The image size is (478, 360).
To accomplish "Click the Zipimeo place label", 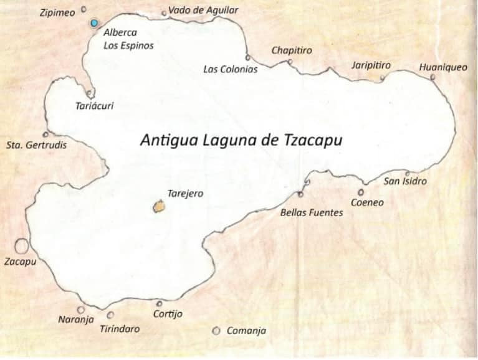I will (x=57, y=12).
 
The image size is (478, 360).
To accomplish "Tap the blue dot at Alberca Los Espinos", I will (x=94, y=23).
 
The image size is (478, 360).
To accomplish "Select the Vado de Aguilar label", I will (x=203, y=10).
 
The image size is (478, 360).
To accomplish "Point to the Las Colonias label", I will (x=230, y=69).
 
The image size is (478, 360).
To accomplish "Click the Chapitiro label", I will (x=292, y=50).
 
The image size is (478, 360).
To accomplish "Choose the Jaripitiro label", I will (x=371, y=65).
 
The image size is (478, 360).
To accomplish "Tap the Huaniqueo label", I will (x=442, y=67).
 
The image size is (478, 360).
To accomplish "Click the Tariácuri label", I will (x=94, y=106).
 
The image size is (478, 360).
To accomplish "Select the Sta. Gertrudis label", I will (x=36, y=145).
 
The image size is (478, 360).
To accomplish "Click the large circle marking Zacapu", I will (x=21, y=246).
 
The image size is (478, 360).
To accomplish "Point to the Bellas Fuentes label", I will (x=312, y=212).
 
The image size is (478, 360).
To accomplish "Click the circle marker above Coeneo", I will (x=360, y=192).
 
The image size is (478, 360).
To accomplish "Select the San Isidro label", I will (x=405, y=182).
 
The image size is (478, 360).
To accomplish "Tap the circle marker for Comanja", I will (x=216, y=331).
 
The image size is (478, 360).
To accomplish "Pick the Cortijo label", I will (x=168, y=314).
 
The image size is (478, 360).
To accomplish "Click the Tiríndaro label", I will (x=120, y=329).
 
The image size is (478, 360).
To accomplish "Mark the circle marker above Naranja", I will (x=80, y=310).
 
